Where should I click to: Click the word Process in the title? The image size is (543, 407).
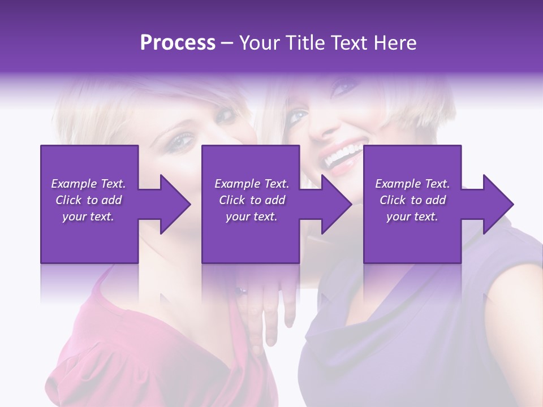(x=178, y=43)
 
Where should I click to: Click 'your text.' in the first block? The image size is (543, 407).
(x=88, y=217)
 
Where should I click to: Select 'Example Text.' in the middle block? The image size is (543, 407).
(x=252, y=184)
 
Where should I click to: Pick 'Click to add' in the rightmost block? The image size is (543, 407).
(x=413, y=200)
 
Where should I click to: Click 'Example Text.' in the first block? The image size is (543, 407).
(x=88, y=184)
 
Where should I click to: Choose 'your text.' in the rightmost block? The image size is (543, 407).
(x=412, y=217)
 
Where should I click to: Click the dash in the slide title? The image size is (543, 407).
(x=227, y=43)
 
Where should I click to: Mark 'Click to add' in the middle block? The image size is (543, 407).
(x=252, y=200)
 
